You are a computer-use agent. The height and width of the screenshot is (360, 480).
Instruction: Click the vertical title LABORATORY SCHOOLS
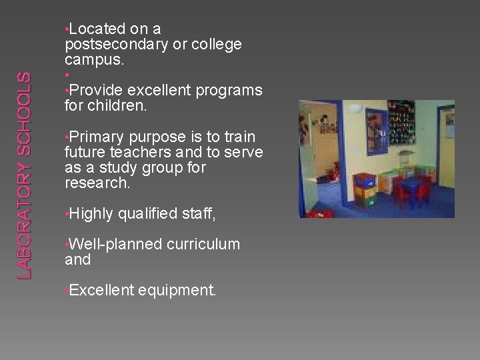click(23, 175)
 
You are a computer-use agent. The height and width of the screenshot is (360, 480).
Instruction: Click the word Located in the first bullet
click(97, 29)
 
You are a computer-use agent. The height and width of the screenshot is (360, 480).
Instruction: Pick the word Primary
click(97, 137)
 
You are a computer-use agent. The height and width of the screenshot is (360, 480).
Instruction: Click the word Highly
click(92, 213)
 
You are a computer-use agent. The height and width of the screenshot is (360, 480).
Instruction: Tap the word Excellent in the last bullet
click(101, 290)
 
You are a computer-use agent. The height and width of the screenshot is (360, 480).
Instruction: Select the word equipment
click(177, 290)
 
